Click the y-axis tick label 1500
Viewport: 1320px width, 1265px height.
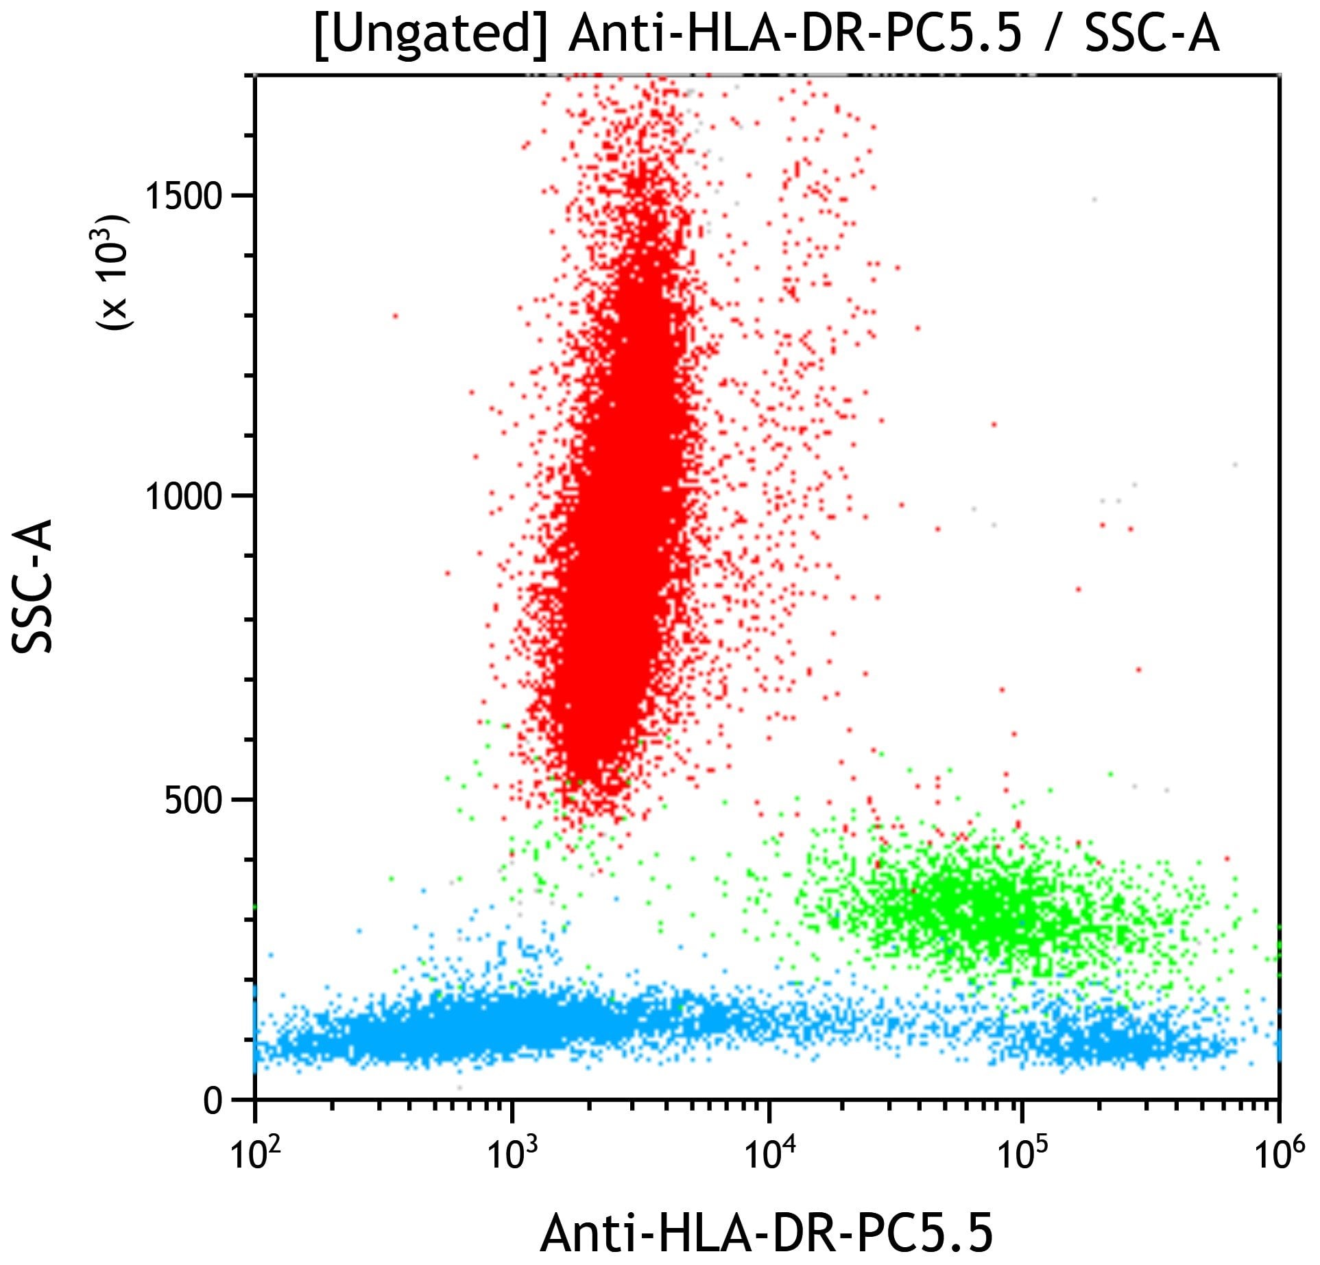[184, 196]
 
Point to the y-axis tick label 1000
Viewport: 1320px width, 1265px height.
[184, 496]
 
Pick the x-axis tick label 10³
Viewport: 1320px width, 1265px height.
[512, 1154]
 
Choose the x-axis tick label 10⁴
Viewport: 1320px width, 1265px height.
[768, 1154]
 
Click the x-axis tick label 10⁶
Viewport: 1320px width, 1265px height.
[1278, 1154]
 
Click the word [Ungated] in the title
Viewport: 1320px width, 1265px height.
[431, 34]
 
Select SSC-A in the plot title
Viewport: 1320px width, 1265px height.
[1152, 34]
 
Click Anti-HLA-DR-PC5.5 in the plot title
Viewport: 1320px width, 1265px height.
[795, 34]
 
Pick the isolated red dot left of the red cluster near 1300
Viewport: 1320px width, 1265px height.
[395, 316]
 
